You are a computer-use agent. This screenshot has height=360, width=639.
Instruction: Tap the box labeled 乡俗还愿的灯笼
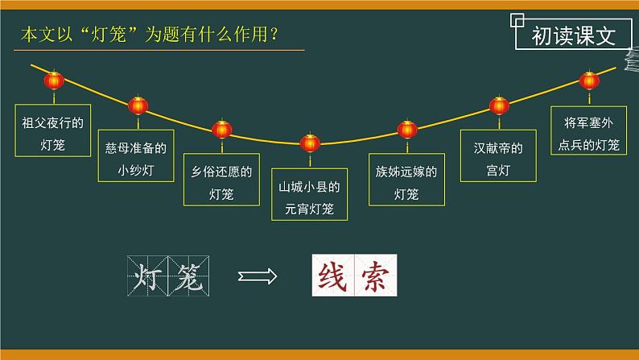(219, 182)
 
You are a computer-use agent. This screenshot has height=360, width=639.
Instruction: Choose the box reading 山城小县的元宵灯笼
(310, 197)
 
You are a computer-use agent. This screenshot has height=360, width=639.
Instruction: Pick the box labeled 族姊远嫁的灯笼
(406, 182)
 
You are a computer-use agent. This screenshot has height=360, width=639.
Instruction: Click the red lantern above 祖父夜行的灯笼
(54, 81)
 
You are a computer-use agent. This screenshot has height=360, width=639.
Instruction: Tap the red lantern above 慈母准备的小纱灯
(138, 106)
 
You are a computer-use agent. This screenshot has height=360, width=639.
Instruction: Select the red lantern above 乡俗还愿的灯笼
(221, 129)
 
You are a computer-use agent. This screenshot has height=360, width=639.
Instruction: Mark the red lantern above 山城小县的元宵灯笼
(310, 143)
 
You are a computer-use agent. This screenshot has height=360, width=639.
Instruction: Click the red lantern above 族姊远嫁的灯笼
(407, 129)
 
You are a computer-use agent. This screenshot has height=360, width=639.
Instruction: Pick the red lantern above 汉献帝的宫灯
(499, 106)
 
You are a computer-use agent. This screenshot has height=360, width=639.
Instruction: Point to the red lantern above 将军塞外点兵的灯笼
(589, 81)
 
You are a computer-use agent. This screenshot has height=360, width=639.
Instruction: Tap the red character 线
(332, 276)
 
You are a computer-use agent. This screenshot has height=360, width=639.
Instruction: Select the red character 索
(375, 276)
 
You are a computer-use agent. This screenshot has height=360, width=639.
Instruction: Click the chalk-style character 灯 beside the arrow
(147, 276)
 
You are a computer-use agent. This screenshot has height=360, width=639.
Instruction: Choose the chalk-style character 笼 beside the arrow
(190, 276)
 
